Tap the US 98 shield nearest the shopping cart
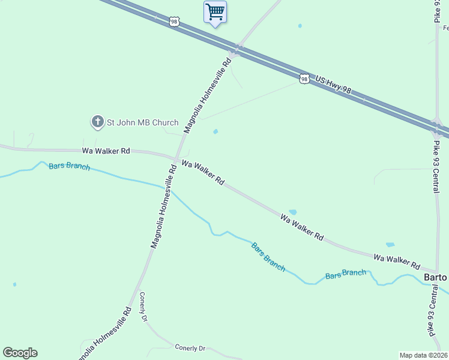pyautogui.click(x=174, y=21)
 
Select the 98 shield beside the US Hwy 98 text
pyautogui.click(x=304, y=79)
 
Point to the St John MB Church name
pyautogui.click(x=142, y=122)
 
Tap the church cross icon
pyautogui.click(x=97, y=122)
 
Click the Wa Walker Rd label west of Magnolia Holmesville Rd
pyautogui.click(x=106, y=151)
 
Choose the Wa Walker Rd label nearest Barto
pyautogui.click(x=397, y=260)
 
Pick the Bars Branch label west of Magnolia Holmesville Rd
pyautogui.click(x=69, y=166)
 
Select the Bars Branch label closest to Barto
pyautogui.click(x=346, y=274)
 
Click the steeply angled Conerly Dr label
pyautogui.click(x=143, y=307)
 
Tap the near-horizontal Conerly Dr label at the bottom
pyautogui.click(x=190, y=347)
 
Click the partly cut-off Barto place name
pyautogui.click(x=436, y=278)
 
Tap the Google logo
pyautogui.click(x=20, y=353)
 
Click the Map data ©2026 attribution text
pyautogui.click(x=424, y=355)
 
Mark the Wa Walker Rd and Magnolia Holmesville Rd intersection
pyautogui.click(x=175, y=158)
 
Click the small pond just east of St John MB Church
pyautogui.click(x=215, y=131)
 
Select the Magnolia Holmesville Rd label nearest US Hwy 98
pyautogui.click(x=208, y=95)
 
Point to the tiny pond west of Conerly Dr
pyautogui.click(x=14, y=284)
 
